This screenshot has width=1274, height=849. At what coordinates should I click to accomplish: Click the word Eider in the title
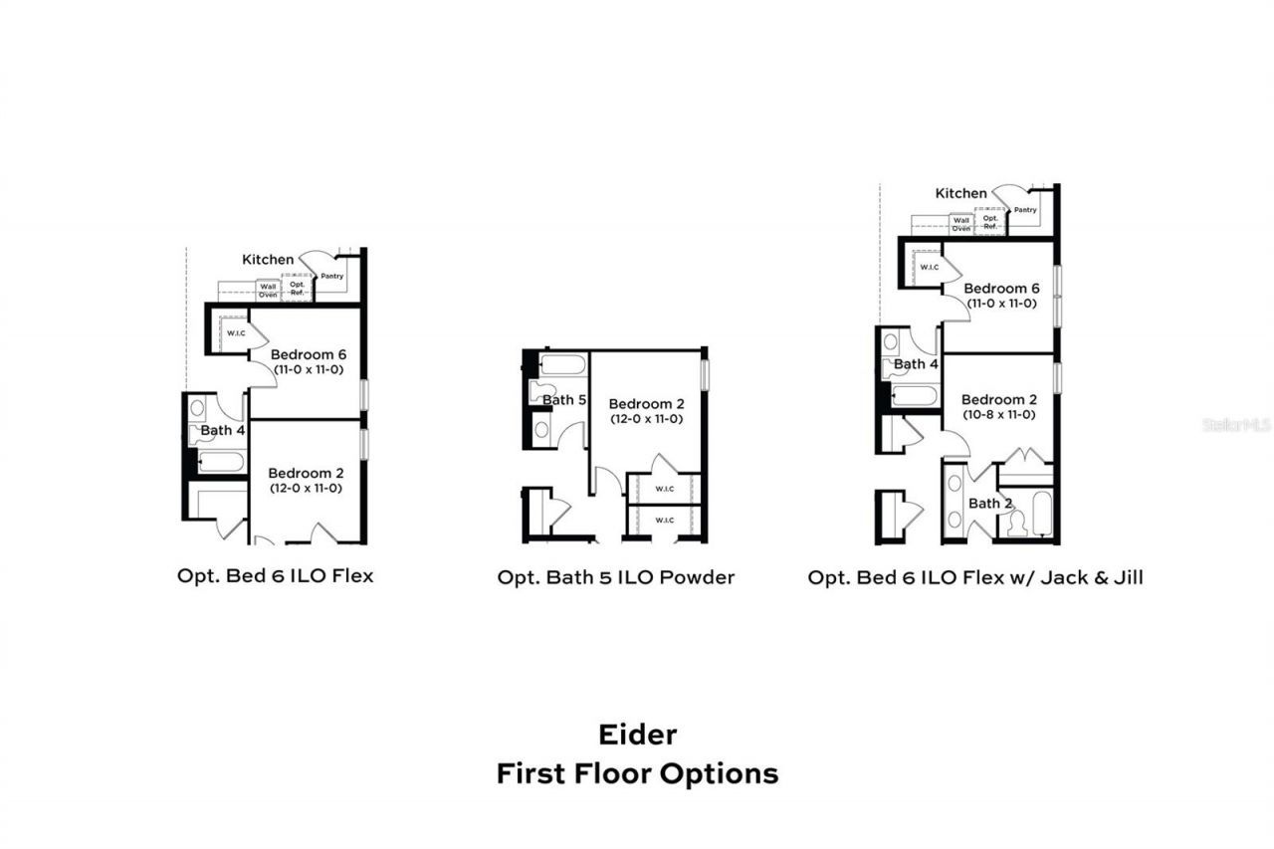coord(637,735)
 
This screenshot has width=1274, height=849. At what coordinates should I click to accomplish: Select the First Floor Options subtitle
coord(637,773)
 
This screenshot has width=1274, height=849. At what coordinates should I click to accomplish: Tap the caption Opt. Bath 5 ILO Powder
coord(616,577)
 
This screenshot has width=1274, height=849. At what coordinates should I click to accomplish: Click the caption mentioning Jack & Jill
coord(975,577)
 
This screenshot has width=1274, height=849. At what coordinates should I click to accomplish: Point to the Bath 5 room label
coord(564,400)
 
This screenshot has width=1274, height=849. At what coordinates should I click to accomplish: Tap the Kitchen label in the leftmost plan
coord(268,260)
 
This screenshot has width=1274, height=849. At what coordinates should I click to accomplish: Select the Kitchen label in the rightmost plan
coord(961,193)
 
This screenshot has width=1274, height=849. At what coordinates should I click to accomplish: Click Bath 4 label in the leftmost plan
coord(223,430)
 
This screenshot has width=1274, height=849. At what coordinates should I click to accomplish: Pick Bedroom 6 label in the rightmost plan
coord(1000,289)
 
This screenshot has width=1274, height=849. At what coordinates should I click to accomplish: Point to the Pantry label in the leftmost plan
coord(332,275)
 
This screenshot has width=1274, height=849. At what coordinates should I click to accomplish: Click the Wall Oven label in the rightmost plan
coord(961,224)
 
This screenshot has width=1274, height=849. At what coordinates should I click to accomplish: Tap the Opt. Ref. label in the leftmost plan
coord(297,290)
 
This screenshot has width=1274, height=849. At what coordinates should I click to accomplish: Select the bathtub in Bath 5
coord(563,364)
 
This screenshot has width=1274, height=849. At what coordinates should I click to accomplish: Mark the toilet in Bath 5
coord(543,392)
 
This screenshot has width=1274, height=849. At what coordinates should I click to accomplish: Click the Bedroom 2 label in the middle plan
coord(646,404)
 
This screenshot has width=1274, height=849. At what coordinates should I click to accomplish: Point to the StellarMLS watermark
coord(1237,425)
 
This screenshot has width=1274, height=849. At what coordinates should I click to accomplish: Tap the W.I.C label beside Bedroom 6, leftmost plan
coord(236,333)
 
